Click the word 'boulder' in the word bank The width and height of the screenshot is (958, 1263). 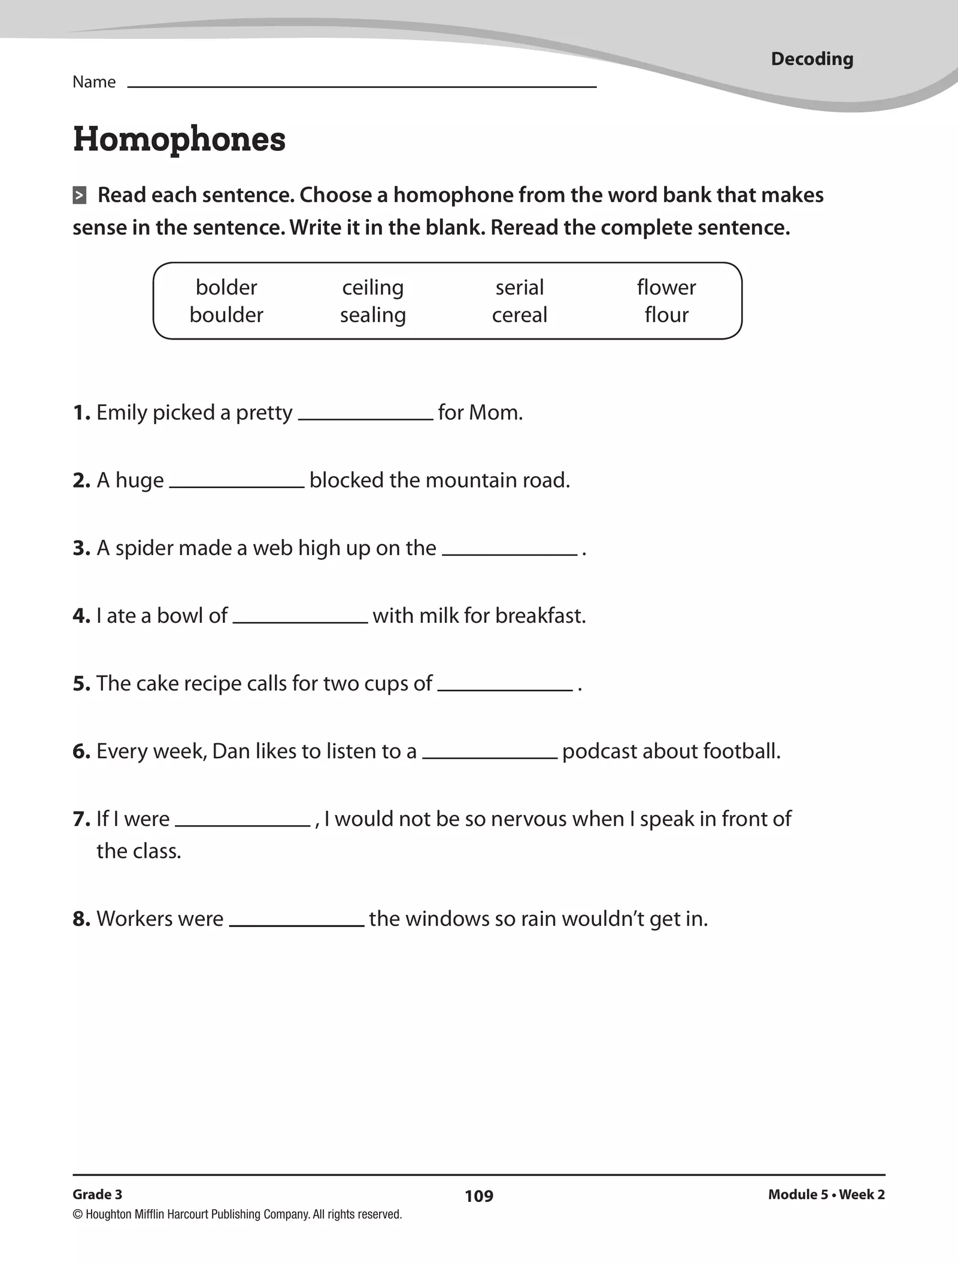click(x=226, y=315)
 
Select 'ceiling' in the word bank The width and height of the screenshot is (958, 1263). click(x=372, y=288)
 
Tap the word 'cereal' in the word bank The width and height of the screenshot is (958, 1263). click(x=519, y=315)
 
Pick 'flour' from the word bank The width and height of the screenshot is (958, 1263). click(x=666, y=315)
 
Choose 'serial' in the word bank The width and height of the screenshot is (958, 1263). click(x=519, y=287)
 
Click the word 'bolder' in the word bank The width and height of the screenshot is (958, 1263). click(x=226, y=287)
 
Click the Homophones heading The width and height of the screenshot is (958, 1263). click(x=179, y=139)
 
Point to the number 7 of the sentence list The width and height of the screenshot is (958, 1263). click(x=80, y=819)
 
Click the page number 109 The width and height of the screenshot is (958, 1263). click(x=479, y=1196)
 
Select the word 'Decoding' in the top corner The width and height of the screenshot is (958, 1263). click(x=812, y=59)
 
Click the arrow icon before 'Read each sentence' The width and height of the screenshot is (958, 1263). click(x=80, y=195)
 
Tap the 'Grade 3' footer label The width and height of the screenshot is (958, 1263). click(x=97, y=1194)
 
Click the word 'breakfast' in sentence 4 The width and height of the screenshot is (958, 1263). click(x=539, y=616)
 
